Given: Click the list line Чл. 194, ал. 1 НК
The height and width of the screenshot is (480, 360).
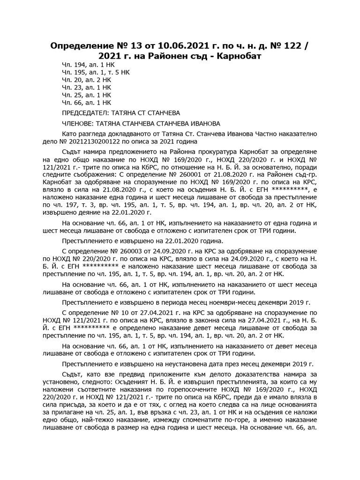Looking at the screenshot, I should [87, 65].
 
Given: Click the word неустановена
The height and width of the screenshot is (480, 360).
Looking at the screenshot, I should [172, 363].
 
